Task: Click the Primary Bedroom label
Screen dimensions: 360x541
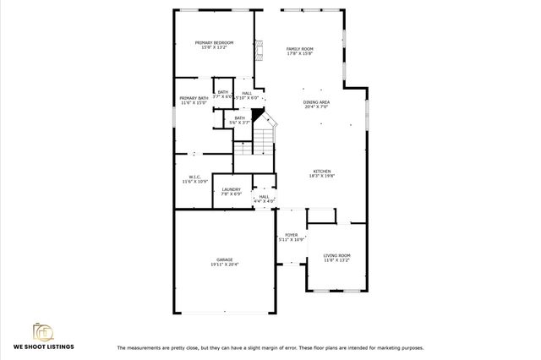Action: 214,42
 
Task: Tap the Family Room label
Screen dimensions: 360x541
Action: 299,50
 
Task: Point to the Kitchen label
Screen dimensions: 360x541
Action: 322,171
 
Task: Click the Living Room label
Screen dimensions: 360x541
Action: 337,255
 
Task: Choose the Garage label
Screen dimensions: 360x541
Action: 224,259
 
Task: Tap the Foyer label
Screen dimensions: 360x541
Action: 291,235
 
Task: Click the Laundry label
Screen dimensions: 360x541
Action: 231,189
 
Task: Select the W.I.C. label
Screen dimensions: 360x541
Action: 194,177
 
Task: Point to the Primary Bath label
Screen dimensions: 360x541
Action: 194,98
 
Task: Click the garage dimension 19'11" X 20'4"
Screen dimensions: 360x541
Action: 224,265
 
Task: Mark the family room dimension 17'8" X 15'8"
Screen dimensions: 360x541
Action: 299,55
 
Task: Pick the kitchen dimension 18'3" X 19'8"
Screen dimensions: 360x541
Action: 322,176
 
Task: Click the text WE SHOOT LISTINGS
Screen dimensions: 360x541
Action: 43,346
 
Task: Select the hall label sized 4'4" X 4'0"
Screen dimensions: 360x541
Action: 264,201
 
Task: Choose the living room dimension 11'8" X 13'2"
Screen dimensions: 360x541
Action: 337,260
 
